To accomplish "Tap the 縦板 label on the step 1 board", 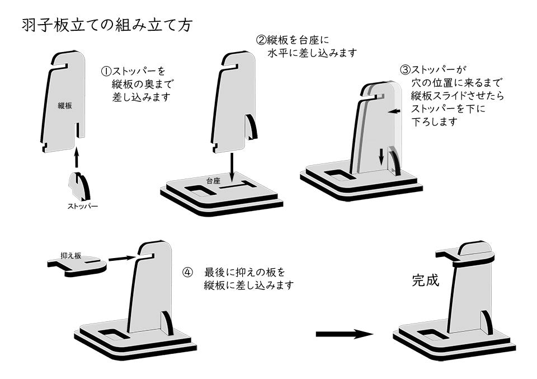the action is coord(65,106).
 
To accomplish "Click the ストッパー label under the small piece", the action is coord(82,206).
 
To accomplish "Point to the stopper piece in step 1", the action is coord(80,186).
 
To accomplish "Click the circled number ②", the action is coord(261,40).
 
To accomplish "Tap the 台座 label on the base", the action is coord(213,181).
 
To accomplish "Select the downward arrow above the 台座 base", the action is coord(232,167).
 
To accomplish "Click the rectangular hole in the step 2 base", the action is coord(200,190).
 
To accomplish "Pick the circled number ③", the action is coord(405,70).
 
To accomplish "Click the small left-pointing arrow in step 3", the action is coord(394,111).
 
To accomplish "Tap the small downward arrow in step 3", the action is coord(381,156).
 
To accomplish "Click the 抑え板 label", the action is coord(71,256).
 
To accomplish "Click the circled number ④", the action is coord(188,273).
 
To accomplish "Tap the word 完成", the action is coord(425,280).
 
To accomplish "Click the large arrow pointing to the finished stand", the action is coord(345,334).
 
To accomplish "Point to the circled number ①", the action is coord(106,71).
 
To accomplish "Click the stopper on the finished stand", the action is coord(487,322).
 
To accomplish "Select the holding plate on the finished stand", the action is coord(464,258).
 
